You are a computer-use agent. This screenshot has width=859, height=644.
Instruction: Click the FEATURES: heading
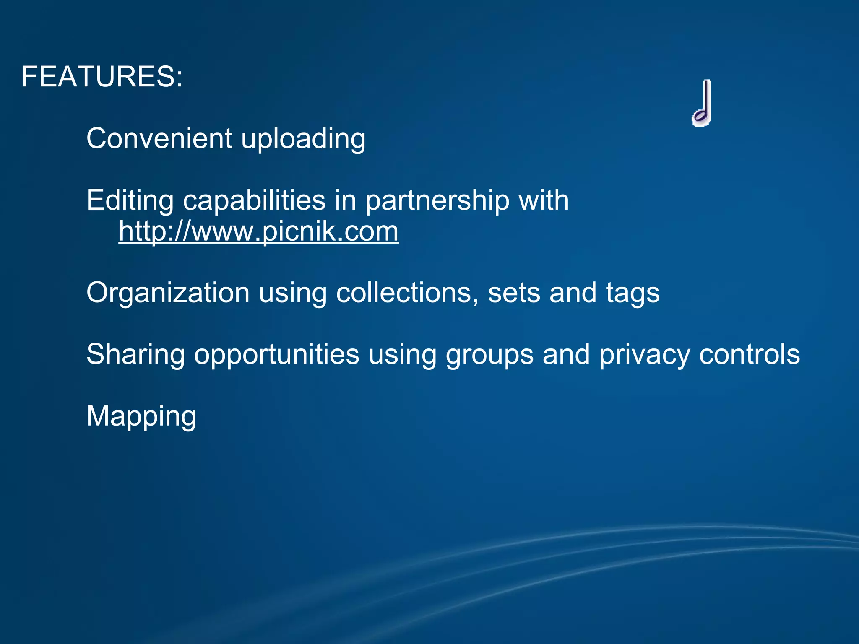pyautogui.click(x=102, y=77)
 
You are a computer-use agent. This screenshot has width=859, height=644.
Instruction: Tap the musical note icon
pyautogui.click(x=702, y=103)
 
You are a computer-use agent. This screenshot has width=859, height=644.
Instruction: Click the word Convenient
pyautogui.click(x=159, y=138)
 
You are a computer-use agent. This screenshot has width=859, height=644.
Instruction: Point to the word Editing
pyautogui.click(x=130, y=201)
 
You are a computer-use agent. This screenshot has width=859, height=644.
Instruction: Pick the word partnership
pyautogui.click(x=437, y=201)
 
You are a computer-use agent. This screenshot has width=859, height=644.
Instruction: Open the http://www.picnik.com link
pyautogui.click(x=258, y=231)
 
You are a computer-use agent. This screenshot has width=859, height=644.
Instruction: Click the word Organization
pyautogui.click(x=168, y=293)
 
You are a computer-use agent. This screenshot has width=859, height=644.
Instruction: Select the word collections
pyautogui.click(x=407, y=292)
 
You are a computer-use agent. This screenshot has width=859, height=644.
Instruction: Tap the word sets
pyautogui.click(x=514, y=293)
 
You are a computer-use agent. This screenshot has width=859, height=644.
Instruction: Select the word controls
pyautogui.click(x=749, y=354)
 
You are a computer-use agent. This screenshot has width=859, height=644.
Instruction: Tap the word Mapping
pyautogui.click(x=141, y=417)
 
